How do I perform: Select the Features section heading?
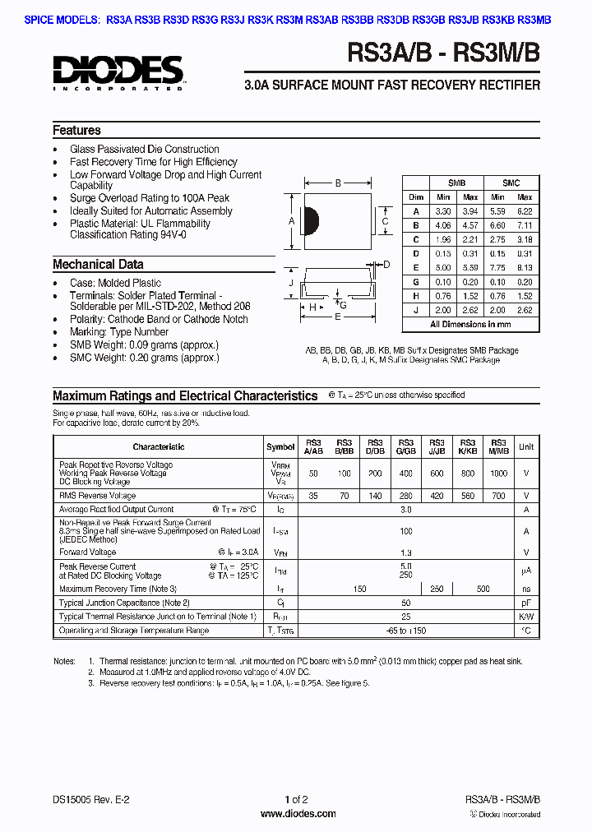tap(76, 131)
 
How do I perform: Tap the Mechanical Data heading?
tap(98, 265)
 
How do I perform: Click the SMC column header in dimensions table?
tap(511, 183)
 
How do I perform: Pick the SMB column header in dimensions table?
tap(456, 183)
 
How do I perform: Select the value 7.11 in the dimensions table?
tap(525, 225)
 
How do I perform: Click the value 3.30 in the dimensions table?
tap(443, 211)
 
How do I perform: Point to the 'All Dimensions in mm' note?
tap(470, 325)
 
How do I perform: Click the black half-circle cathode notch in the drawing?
tap(311, 220)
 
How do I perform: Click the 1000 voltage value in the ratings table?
tap(498, 474)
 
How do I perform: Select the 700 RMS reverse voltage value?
tap(498, 497)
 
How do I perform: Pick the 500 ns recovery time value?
tap(483, 589)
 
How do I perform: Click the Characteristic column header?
tap(159, 447)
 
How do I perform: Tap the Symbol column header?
tap(280, 447)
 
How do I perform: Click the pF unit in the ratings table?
tap(526, 603)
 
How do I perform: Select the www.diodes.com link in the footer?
tap(298, 814)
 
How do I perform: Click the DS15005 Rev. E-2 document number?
tap(91, 799)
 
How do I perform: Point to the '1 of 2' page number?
tap(296, 799)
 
